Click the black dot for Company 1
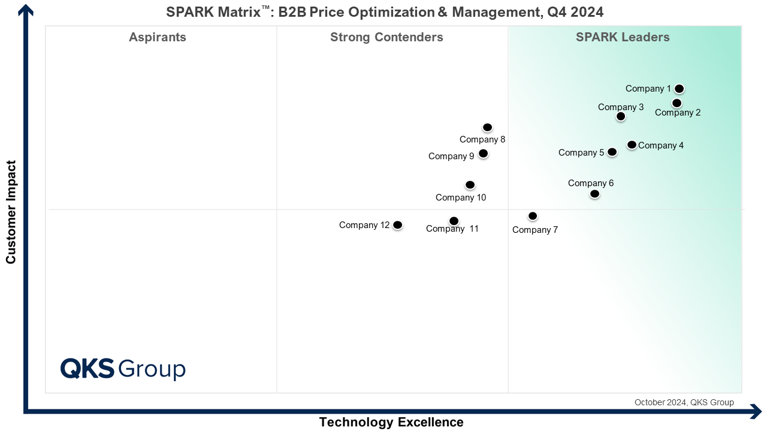[x=679, y=89]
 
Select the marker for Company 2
[x=677, y=103]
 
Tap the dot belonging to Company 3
[x=621, y=116]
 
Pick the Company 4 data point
[x=632, y=145]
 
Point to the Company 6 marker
[x=594, y=194]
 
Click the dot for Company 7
[x=533, y=216]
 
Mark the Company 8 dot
[x=487, y=128]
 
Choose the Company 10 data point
[x=470, y=185]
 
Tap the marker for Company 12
[x=397, y=225]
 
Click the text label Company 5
[x=581, y=153]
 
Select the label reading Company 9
[x=451, y=156]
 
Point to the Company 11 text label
[x=452, y=229]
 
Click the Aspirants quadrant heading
[x=158, y=37]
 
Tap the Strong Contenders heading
[x=386, y=37]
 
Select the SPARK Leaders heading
[x=623, y=37]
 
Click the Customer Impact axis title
[x=11, y=211]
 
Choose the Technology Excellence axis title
[x=391, y=422]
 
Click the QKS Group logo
[x=123, y=368]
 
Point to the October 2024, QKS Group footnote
[x=684, y=402]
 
